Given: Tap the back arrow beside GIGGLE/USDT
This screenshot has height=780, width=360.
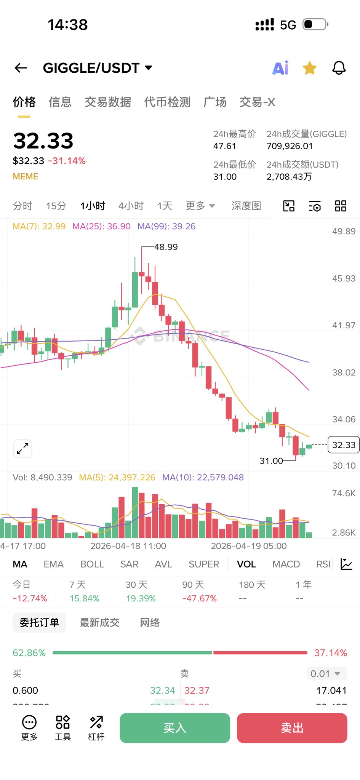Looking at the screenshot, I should point(21,68).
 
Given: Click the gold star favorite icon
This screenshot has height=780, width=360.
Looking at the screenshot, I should point(310,68).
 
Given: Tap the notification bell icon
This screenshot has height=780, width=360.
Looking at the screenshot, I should point(339,68).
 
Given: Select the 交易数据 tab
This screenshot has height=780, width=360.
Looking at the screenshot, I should point(108,102).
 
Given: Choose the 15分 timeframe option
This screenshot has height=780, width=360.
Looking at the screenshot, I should point(56,206).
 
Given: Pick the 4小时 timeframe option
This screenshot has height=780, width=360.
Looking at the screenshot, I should point(131,206).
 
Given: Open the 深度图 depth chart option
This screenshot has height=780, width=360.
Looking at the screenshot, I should point(246,206).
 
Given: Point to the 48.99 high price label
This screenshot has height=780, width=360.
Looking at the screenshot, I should point(166,247).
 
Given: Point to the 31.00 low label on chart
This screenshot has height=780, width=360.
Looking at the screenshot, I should point(271,461).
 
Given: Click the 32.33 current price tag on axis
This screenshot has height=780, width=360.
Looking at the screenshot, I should point(344,445).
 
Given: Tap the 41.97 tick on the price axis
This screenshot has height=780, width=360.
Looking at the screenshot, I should point(344,325).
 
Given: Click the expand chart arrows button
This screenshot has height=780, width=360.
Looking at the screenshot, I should point(23,449).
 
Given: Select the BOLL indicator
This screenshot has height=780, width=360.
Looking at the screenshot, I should point(92,564).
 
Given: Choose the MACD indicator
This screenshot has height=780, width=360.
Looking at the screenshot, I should point(286,564).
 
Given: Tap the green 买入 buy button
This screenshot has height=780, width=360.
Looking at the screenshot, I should point(175,728).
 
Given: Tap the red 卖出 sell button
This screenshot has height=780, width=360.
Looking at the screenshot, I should point(292,728).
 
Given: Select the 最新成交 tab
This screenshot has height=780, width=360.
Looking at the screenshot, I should point(99,623).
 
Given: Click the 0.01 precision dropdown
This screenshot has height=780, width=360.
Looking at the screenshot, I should point(326,674).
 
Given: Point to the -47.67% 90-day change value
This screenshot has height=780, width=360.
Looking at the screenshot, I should point(199,598).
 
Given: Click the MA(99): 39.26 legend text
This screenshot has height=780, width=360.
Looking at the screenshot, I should point(166,226).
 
